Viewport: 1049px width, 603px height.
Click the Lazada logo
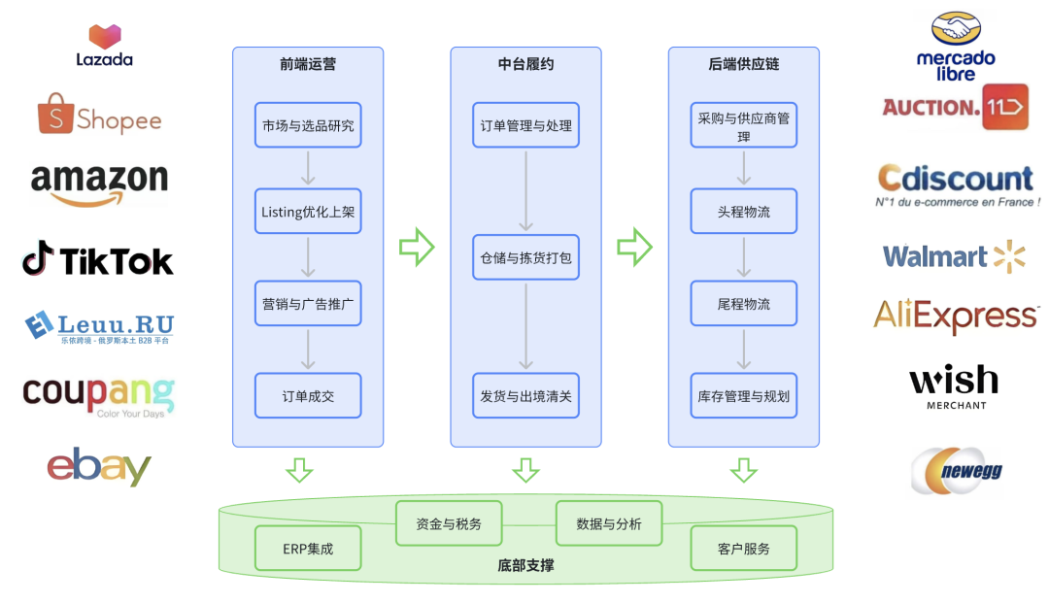point(104,45)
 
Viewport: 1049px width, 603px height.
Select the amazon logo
point(99,184)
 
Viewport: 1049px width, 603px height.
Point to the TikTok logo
point(98,260)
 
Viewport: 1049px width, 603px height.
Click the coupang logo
point(99,394)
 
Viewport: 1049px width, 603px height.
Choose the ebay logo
point(99,466)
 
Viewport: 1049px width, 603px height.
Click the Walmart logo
point(954,256)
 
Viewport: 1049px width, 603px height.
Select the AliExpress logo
point(956,317)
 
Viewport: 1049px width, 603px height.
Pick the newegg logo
point(957,471)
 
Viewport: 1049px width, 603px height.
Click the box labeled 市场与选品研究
point(308,125)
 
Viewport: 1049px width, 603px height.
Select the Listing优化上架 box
point(308,212)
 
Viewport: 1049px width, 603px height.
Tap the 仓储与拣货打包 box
point(525,258)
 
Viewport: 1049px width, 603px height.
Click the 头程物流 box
point(743,212)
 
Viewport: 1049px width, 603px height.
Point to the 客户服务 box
point(743,549)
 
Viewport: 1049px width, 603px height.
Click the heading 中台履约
point(525,64)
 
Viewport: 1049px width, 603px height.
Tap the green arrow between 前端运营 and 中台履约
point(417,247)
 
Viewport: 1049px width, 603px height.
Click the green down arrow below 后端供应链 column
point(743,470)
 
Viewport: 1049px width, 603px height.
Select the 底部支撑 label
point(525,565)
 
